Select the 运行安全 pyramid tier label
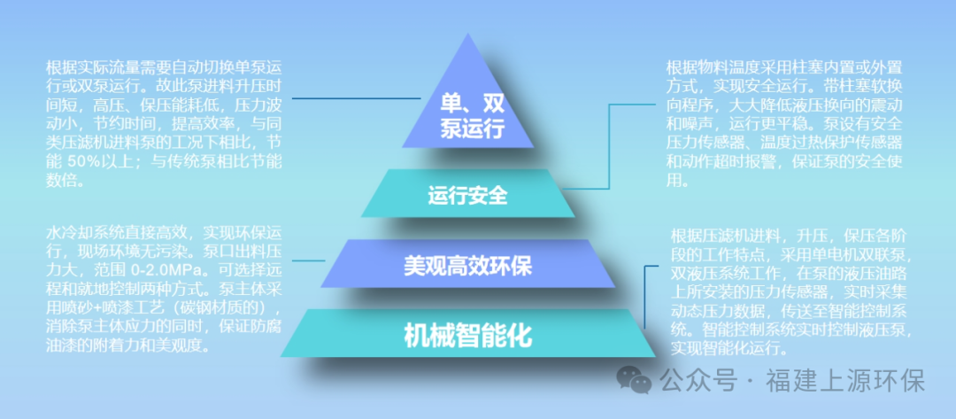[x=467, y=194]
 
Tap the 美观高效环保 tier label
[x=467, y=265]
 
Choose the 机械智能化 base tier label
[x=467, y=335]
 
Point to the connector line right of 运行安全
[x=611, y=151]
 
